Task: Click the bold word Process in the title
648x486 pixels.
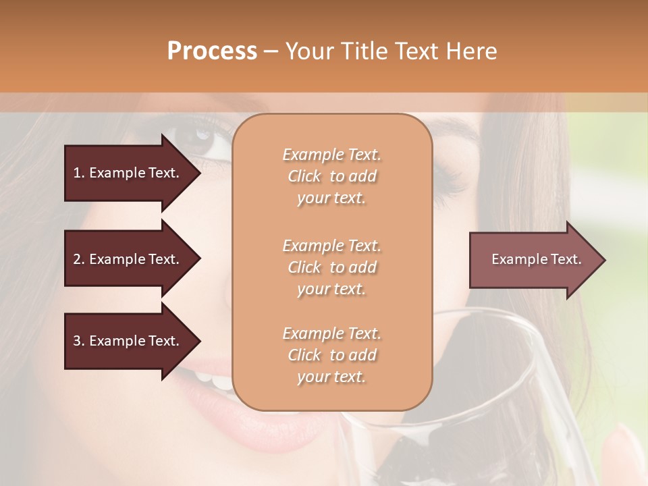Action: pos(212,51)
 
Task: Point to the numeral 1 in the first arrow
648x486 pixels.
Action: pos(77,173)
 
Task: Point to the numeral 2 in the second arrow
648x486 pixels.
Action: pos(77,259)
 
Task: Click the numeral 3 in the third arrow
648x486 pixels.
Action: pos(77,341)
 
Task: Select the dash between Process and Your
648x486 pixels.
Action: pos(271,51)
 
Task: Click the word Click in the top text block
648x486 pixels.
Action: pos(304,176)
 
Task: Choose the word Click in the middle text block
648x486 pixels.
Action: pos(304,267)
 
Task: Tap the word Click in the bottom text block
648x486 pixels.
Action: pos(304,355)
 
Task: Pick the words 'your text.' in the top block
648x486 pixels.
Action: pos(331,198)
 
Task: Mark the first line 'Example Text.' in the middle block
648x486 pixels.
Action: pos(331,245)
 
